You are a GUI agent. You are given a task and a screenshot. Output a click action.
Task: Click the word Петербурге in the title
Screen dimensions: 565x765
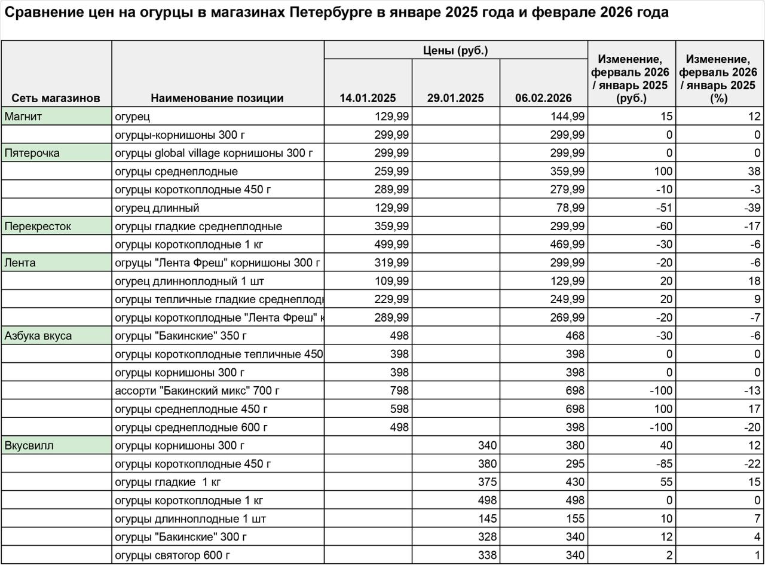click(x=328, y=13)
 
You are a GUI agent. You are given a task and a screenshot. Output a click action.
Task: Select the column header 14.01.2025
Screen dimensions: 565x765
click(x=368, y=98)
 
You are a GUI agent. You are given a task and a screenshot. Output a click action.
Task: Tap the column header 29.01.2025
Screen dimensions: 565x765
click(x=455, y=98)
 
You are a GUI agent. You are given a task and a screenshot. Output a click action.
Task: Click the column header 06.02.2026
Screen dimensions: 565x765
click(x=543, y=98)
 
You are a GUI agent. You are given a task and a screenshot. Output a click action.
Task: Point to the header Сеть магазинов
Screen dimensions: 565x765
click(x=56, y=98)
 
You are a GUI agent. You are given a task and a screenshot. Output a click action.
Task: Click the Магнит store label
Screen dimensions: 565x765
click(x=23, y=117)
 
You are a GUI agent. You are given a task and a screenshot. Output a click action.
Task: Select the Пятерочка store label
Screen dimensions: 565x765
click(x=32, y=153)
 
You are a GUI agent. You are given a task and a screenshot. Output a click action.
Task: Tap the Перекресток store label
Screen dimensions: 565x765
click(x=38, y=227)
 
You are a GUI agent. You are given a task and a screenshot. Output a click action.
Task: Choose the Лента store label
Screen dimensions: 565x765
click(x=20, y=263)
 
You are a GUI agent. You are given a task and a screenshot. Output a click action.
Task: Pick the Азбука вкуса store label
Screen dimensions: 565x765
click(x=38, y=336)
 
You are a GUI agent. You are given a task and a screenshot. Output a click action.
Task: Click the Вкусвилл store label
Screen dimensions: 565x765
click(x=29, y=446)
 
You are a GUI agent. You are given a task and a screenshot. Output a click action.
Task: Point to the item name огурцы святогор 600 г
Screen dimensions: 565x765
click(x=172, y=555)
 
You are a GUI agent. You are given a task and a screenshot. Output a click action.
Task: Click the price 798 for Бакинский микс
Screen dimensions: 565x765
click(x=399, y=391)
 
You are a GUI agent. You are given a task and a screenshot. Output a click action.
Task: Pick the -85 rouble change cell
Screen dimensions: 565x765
click(x=663, y=464)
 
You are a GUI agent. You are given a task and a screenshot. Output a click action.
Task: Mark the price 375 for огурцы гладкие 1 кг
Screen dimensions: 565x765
click(x=487, y=482)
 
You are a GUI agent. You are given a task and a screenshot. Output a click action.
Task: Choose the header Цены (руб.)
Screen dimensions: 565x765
click(x=455, y=51)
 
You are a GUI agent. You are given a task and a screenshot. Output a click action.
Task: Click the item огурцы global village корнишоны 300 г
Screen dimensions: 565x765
click(x=213, y=153)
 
